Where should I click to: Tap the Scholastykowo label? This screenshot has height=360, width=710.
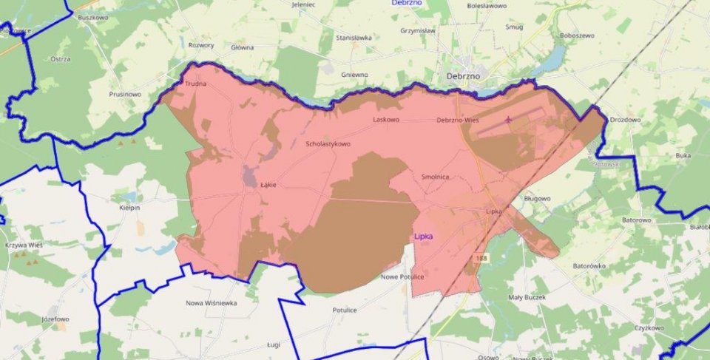click(x=328, y=143)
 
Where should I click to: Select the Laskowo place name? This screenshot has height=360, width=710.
click(x=386, y=119)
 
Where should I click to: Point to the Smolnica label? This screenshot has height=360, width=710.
click(x=436, y=177)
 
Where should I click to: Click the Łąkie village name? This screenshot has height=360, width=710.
click(x=268, y=185)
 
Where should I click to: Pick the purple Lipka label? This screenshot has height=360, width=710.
click(x=422, y=236)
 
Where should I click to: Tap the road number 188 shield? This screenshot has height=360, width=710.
click(x=482, y=257)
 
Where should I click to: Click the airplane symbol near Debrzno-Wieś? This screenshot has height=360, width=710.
click(x=509, y=118)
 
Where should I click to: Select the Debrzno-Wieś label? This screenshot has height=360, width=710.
click(x=460, y=120)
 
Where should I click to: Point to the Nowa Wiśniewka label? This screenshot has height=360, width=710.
click(x=211, y=302)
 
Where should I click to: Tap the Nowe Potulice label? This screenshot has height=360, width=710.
click(x=402, y=276)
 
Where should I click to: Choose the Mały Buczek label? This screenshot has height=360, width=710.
click(x=527, y=297)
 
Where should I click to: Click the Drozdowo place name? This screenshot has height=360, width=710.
click(x=625, y=119)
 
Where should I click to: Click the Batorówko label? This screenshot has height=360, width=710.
click(x=589, y=265)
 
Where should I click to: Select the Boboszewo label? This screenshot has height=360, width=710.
click(x=578, y=35)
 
